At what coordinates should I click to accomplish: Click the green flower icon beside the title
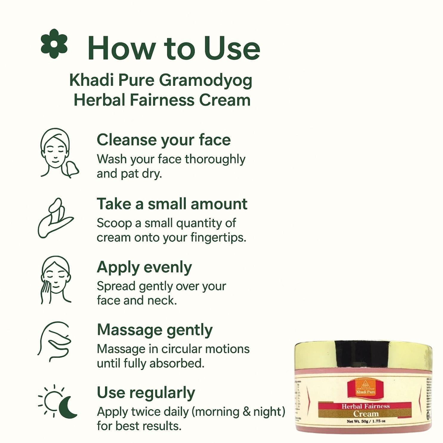pyautogui.click(x=54, y=44)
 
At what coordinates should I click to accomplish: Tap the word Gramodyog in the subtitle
pyautogui.click(x=206, y=81)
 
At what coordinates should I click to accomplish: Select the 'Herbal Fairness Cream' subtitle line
pyautogui.click(x=162, y=100)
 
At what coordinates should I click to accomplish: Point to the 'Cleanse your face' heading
pyautogui.click(x=163, y=140)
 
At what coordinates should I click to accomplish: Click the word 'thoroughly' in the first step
pyautogui.click(x=215, y=159)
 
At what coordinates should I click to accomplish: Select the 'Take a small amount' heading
pyautogui.click(x=172, y=204)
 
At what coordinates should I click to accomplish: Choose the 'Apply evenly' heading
pyautogui.click(x=144, y=267)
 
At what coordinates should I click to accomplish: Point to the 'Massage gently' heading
pyautogui.click(x=155, y=330)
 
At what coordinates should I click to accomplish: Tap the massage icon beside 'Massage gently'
pyautogui.click(x=54, y=342)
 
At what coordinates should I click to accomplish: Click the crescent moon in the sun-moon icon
pyautogui.click(x=68, y=407)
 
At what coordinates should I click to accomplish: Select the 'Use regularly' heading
pyautogui.click(x=146, y=393)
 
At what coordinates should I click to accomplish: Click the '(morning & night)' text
pyautogui.click(x=238, y=412)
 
